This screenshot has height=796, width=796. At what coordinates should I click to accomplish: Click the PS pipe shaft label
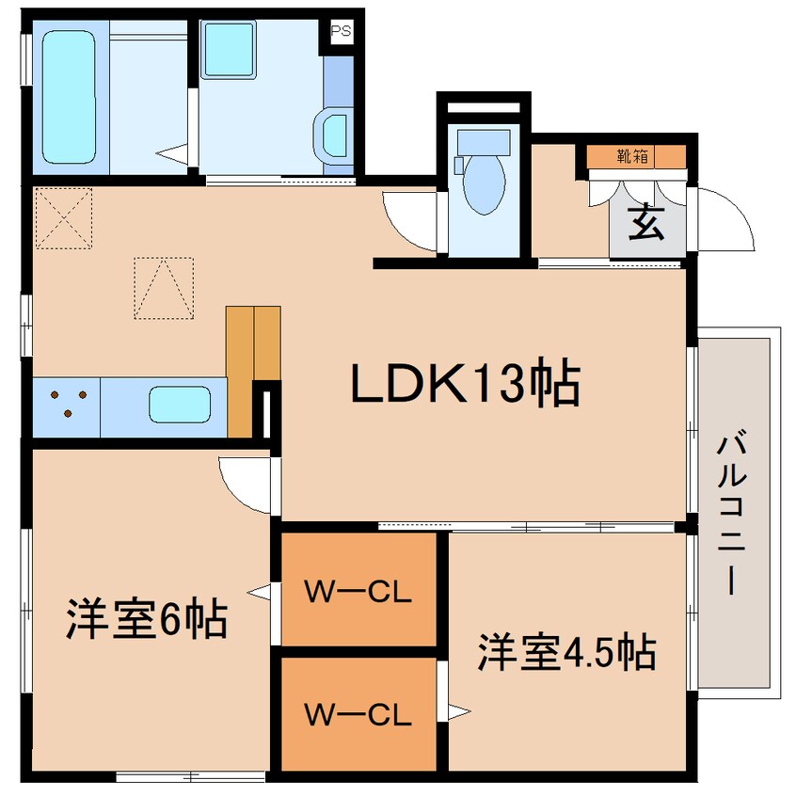click(x=342, y=31)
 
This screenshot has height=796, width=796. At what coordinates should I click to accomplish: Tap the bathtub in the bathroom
click(x=69, y=97)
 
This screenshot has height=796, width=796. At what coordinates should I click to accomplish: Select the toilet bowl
click(x=485, y=184)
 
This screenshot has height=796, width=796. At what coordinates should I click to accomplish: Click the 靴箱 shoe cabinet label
click(x=632, y=156)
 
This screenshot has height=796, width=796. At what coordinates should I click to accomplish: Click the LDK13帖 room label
click(x=466, y=383)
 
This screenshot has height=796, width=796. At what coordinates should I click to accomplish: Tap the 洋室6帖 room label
click(x=147, y=619)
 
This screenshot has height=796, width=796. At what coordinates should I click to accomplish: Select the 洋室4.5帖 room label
click(x=566, y=651)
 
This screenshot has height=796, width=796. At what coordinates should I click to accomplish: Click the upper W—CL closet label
click(x=358, y=592)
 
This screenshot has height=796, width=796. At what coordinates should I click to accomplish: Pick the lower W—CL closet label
click(x=358, y=714)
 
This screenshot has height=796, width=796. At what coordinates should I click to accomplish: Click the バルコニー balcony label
click(x=731, y=512)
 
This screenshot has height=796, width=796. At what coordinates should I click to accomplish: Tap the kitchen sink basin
click(x=180, y=405)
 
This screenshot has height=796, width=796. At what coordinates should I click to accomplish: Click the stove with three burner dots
click(x=67, y=407)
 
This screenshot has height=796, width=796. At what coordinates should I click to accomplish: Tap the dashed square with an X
click(x=63, y=218)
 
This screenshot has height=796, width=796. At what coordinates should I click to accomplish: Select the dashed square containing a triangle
click(x=164, y=288)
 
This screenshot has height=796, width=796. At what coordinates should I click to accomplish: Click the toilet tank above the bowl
click(x=484, y=143)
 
